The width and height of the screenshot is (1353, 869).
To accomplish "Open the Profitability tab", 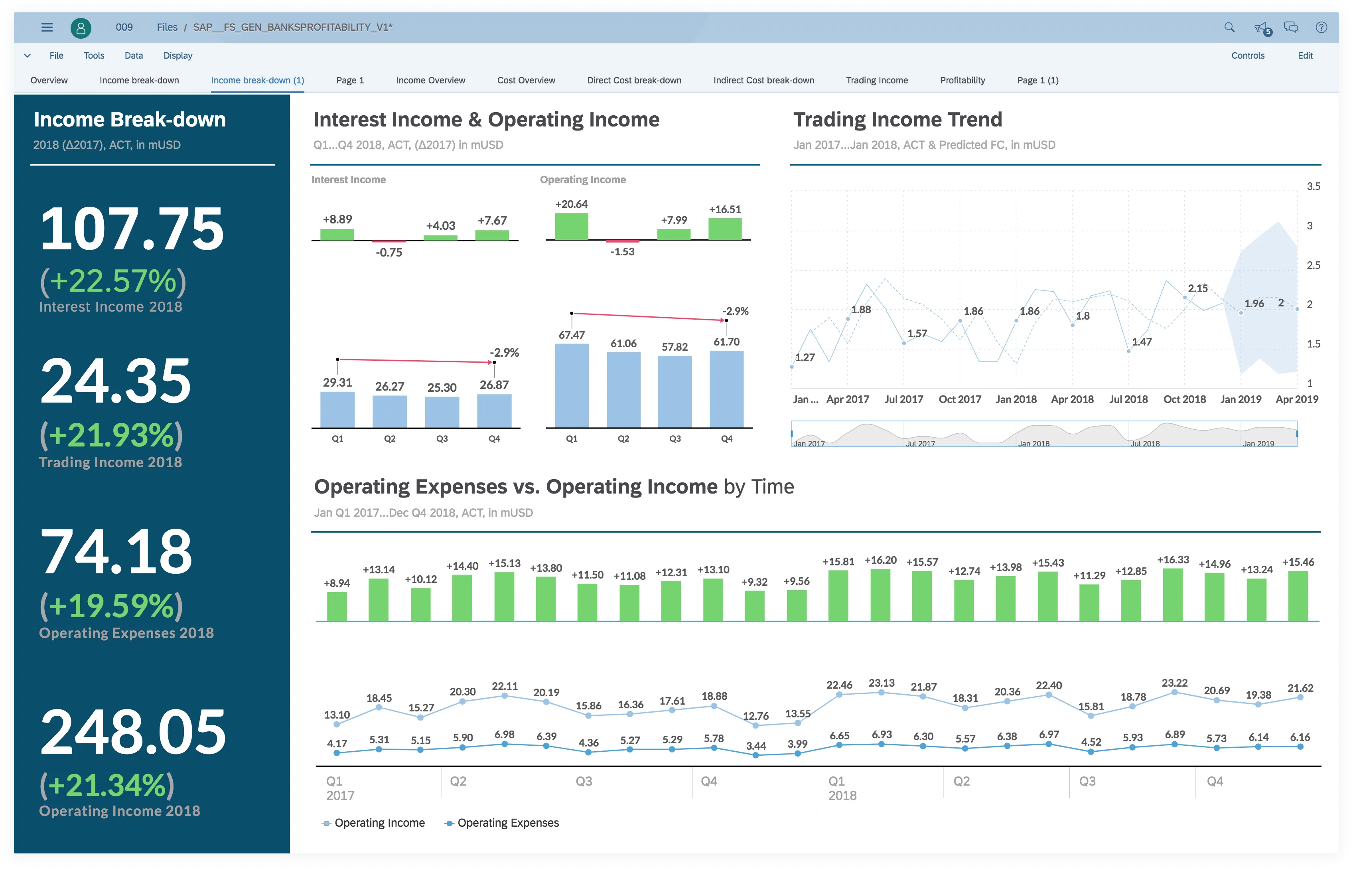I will click(962, 80).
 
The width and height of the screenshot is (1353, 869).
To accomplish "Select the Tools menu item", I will click(94, 55).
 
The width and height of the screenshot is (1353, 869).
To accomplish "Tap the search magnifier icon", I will click(1229, 27).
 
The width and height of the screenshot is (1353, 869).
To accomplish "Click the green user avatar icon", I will click(81, 27).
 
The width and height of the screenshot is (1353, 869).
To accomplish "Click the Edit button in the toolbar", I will click(1305, 55).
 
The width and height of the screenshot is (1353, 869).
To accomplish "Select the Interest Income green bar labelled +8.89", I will click(337, 234).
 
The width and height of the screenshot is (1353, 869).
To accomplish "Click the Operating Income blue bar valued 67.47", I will click(571, 385).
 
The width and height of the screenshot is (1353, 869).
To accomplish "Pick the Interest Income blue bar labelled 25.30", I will click(442, 412).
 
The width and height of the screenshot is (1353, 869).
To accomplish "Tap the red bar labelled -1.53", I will click(623, 241).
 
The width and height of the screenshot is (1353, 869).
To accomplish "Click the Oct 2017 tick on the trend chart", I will click(959, 399).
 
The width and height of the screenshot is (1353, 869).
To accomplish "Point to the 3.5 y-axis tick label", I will click(1313, 186).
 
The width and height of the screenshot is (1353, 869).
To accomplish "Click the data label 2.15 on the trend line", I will click(1197, 288).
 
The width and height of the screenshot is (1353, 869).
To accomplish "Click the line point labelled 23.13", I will click(881, 692).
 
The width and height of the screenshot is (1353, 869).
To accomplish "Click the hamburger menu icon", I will click(47, 27).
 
